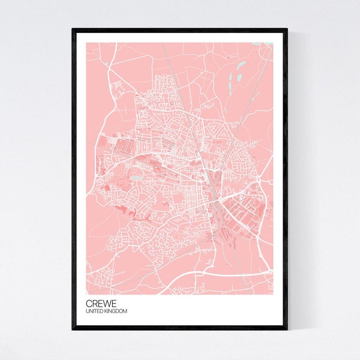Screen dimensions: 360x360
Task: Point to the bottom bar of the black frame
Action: [x=180, y=328]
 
